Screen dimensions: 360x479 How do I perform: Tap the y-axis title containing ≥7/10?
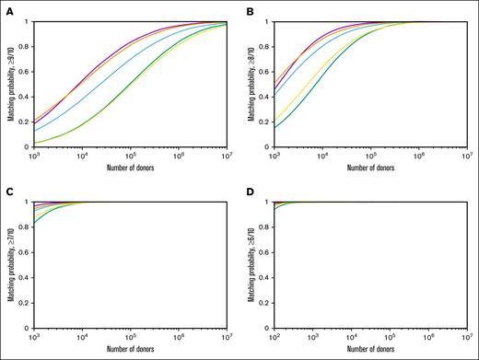pos(8,266)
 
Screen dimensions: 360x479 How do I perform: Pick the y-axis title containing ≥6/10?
pos(249,266)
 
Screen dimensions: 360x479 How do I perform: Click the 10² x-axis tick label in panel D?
pos(274,339)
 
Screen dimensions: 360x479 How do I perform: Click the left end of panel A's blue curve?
pos(33,130)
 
